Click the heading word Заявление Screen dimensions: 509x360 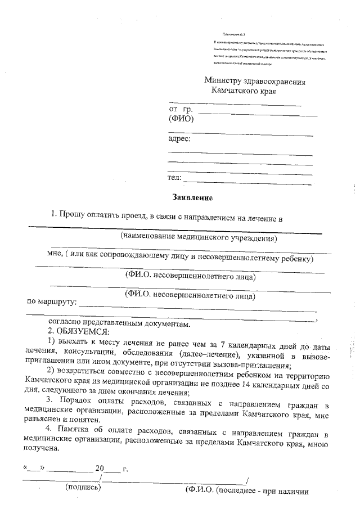192,197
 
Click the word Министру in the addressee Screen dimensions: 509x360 224,81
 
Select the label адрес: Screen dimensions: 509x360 180,138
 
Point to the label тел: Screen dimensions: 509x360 175,178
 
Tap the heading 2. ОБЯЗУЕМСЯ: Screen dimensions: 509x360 76,331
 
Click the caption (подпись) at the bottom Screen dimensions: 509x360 83,487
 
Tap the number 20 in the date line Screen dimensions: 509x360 100,468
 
